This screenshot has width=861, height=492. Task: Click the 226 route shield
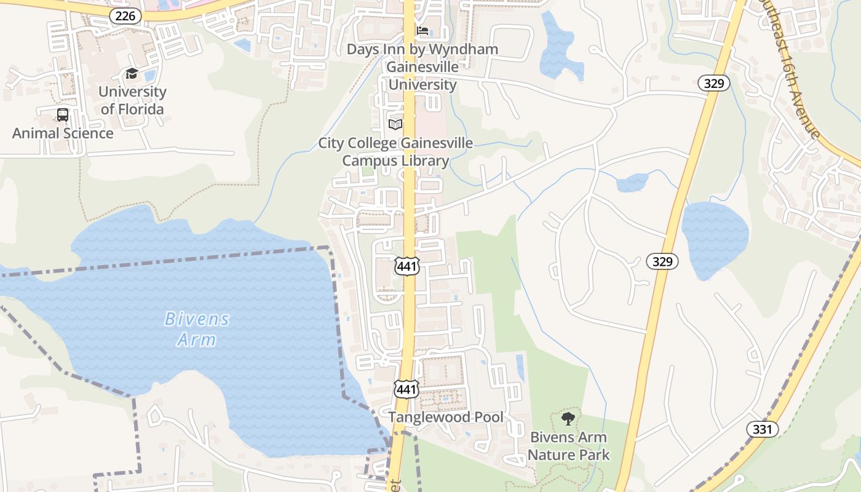click(x=125, y=16)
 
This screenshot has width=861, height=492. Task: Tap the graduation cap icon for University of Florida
click(x=132, y=74)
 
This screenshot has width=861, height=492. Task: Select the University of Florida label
click(x=132, y=100)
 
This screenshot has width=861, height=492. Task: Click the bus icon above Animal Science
click(x=63, y=115)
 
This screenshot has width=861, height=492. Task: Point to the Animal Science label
click(x=63, y=133)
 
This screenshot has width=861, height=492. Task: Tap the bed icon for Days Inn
click(x=423, y=31)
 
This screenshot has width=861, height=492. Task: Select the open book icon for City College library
click(x=395, y=124)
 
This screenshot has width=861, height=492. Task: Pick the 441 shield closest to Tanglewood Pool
click(x=407, y=389)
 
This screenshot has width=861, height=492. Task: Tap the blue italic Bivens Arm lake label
click(x=197, y=329)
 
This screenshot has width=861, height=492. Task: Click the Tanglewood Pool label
click(x=445, y=417)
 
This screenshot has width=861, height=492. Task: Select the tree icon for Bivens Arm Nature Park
click(x=568, y=419)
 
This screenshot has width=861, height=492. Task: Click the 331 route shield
click(x=762, y=429)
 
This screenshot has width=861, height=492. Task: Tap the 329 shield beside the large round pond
click(x=662, y=261)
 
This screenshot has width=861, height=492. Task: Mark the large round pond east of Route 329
click(x=715, y=237)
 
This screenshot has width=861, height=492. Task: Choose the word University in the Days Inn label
click(x=423, y=84)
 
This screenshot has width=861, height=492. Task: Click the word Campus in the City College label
click(x=369, y=161)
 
